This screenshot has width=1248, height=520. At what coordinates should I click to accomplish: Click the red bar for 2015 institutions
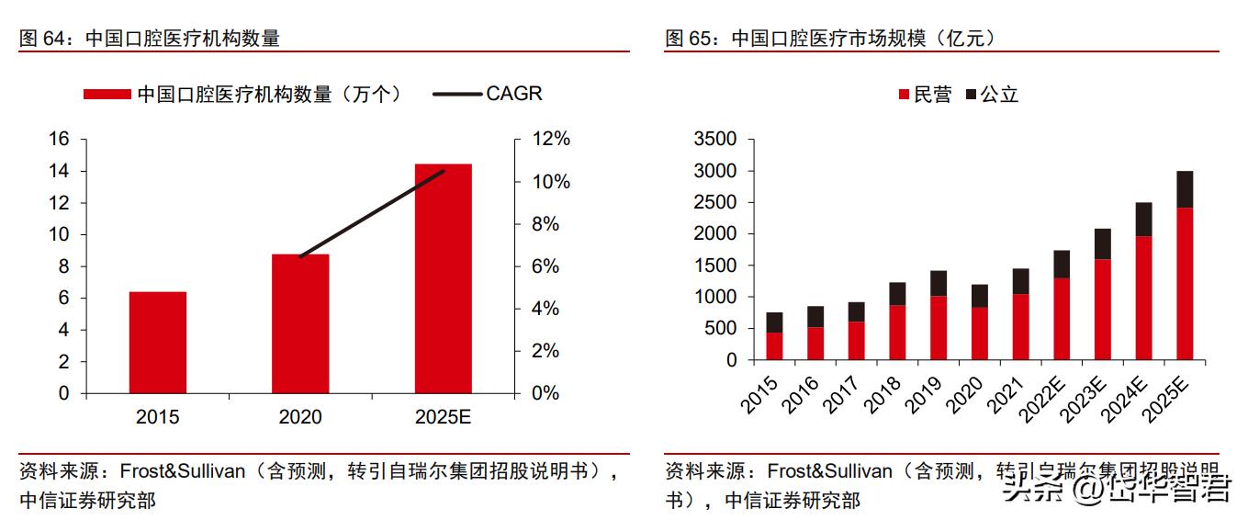click(x=157, y=342)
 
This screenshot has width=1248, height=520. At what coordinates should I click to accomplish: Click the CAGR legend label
click(x=513, y=94)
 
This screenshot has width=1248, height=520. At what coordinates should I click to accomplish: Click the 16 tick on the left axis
click(x=59, y=140)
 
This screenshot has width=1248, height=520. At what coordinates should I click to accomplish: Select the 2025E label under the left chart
click(x=443, y=417)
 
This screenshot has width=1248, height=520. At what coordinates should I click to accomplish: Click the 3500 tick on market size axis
click(x=717, y=140)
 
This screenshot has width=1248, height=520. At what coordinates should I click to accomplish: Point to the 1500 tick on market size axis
click(x=717, y=266)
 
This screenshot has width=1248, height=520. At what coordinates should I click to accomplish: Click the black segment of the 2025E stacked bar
click(x=1185, y=189)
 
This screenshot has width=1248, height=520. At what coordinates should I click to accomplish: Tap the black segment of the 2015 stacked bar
click(x=774, y=322)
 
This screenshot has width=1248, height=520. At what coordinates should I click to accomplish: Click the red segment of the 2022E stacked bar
click(x=1061, y=318)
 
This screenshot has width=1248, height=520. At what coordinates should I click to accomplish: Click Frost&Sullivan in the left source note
click(x=183, y=472)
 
